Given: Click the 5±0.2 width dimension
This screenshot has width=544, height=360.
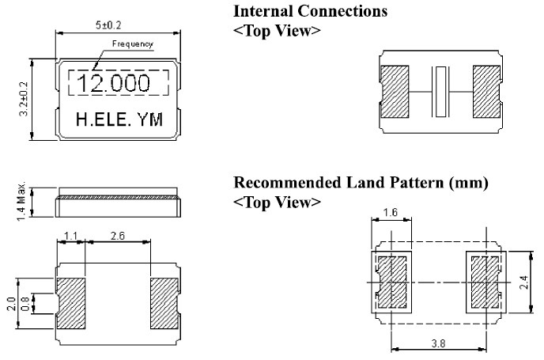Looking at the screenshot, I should click(118, 25).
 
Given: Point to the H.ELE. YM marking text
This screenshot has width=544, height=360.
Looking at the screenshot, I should click(119, 120).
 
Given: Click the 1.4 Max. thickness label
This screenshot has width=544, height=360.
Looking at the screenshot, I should click(23, 200).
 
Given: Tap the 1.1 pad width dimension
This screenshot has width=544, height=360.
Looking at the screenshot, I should click(70, 236).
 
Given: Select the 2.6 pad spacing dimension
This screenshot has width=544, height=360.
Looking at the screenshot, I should click(119, 236).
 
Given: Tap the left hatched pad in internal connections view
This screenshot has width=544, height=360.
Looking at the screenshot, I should click(395, 89).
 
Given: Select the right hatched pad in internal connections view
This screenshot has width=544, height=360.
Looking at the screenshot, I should click(485, 89).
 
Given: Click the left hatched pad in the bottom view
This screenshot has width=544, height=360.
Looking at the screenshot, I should click(71, 304).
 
